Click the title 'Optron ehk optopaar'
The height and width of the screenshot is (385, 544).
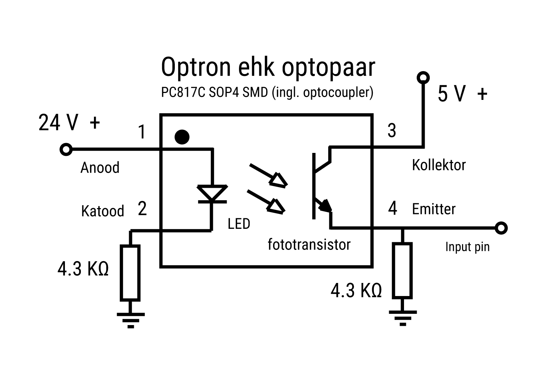[268, 67]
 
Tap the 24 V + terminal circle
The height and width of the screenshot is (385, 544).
[66, 149]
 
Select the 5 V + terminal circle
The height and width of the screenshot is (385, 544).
[423, 77]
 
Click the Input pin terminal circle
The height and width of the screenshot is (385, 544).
[501, 228]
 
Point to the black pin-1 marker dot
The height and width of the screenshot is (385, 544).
[182, 137]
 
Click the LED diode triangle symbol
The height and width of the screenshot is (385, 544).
[212, 193]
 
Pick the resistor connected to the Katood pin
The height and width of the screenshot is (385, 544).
[130, 273]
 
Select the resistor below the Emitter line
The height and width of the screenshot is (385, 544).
[402, 271]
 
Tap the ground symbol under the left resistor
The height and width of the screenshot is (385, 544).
[131, 320]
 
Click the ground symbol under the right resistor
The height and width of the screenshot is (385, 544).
[403, 318]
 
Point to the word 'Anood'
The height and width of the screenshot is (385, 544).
[100, 168]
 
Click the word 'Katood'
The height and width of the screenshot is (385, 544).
[102, 211]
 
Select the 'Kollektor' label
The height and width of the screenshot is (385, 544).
[438, 165]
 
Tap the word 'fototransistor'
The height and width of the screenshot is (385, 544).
[309, 244]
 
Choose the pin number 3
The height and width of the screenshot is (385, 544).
[392, 131]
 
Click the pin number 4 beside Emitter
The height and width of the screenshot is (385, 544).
[392, 209]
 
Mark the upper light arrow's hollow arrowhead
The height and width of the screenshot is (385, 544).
[279, 180]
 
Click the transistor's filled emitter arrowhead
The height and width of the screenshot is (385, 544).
[325, 206]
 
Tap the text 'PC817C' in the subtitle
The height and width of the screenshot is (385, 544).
[183, 93]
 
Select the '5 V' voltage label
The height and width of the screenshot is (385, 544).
[452, 94]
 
